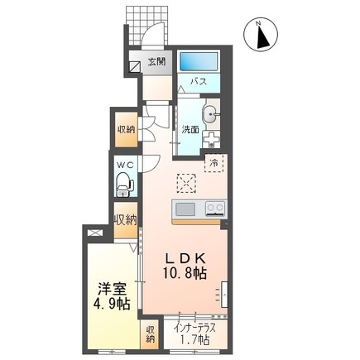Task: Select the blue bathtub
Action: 198,60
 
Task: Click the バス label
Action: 199,83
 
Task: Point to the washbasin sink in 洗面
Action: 209,115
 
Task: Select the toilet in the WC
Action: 124,188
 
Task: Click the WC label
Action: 124,165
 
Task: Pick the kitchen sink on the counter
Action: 185,208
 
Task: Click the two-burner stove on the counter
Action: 214,208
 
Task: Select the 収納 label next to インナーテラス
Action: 151,334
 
